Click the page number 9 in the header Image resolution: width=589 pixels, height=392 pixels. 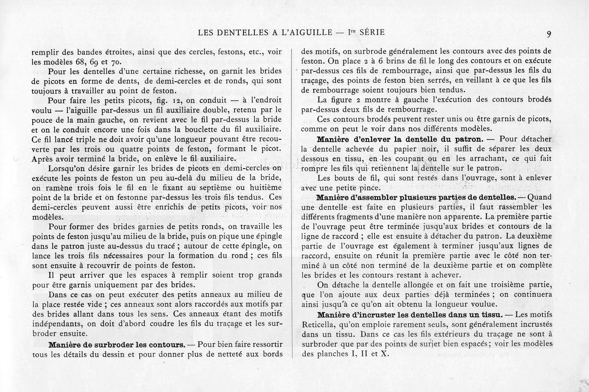(x=549, y=34)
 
